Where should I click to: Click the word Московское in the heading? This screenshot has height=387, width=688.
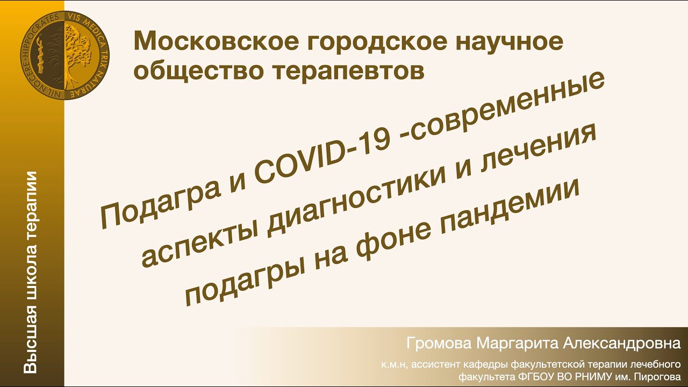coord(211,41)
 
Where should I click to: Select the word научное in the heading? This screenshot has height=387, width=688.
coord(511,41)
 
